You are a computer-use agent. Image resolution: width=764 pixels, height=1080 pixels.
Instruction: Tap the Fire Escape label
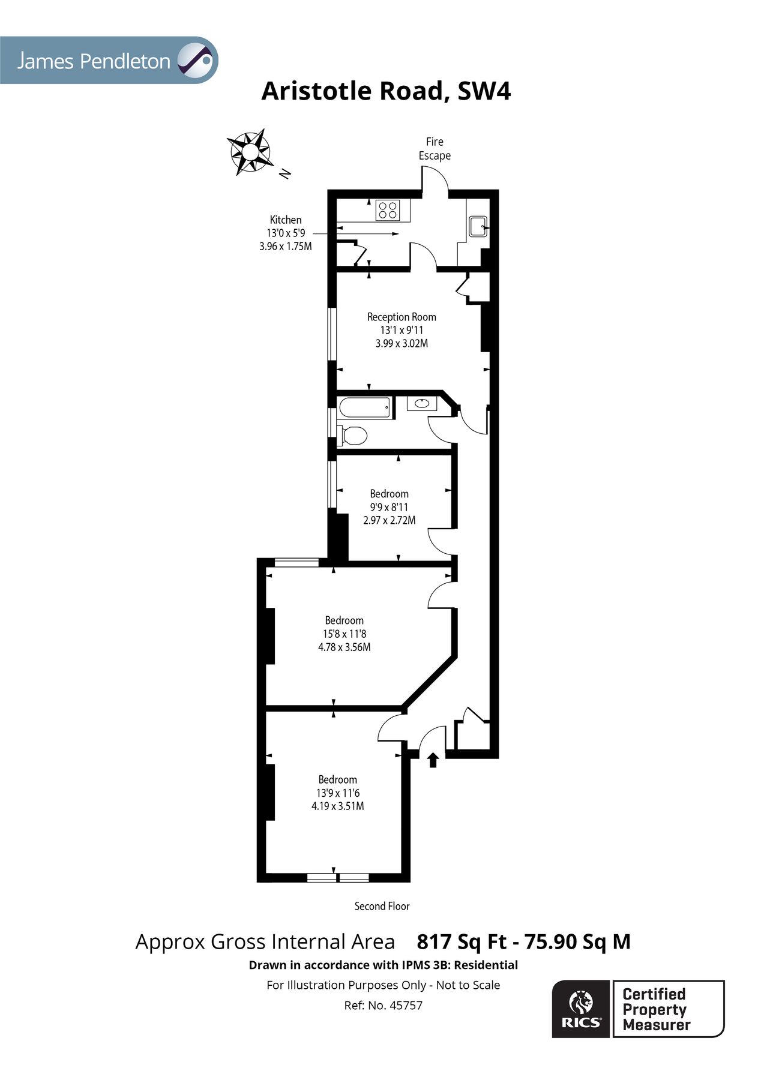[x=435, y=149]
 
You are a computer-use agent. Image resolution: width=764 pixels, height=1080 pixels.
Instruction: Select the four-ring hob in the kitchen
[x=388, y=210]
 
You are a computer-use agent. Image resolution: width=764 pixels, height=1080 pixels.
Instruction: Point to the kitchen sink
[x=478, y=226]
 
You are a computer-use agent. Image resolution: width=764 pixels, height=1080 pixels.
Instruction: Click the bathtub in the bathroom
[x=365, y=408]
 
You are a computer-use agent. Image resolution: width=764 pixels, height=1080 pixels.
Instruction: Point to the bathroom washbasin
[x=422, y=404]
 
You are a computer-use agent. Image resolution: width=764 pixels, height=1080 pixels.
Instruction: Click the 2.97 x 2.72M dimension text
[x=389, y=520]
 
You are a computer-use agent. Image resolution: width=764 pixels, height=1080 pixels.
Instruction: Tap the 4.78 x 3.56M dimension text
[x=344, y=647]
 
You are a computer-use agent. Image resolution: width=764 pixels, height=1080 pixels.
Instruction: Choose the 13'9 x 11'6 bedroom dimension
[x=337, y=793]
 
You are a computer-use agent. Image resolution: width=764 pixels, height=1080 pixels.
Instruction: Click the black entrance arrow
[x=433, y=760]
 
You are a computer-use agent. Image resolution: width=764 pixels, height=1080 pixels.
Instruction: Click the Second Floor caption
[x=382, y=906]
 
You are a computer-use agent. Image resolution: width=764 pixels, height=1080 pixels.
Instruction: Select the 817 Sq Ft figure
[x=462, y=941]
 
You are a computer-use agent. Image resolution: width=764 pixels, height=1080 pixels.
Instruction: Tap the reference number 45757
[x=406, y=1005]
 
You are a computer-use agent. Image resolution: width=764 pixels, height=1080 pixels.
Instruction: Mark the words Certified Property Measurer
[x=657, y=1010]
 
